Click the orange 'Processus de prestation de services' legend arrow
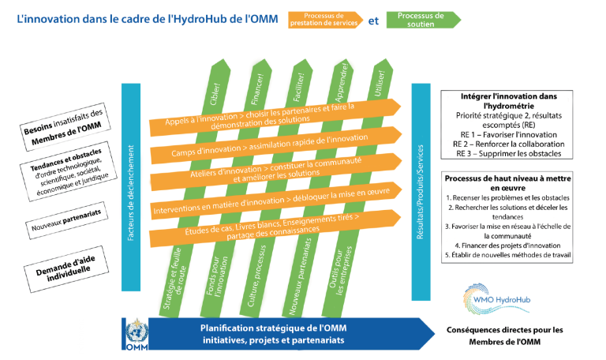pos(332,19)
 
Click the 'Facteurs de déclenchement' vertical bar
pos(132,186)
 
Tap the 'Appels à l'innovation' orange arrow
pos(260,114)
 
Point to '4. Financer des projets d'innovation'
pos(509,245)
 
